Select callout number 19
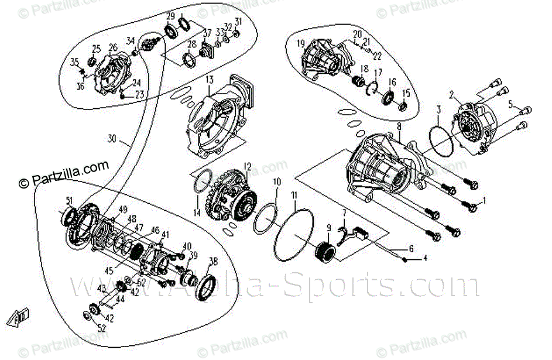click(301, 43)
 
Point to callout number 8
click(399, 126)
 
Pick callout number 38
click(213, 262)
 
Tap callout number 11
click(294, 194)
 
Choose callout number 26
click(113, 47)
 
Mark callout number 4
click(426, 258)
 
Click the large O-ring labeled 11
click(294, 234)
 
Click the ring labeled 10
click(266, 218)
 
